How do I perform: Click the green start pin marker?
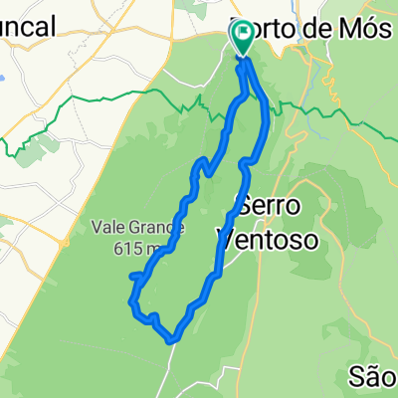[x=243, y=38]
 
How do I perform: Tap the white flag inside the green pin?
[x=243, y=33]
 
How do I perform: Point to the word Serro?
[x=264, y=208]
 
